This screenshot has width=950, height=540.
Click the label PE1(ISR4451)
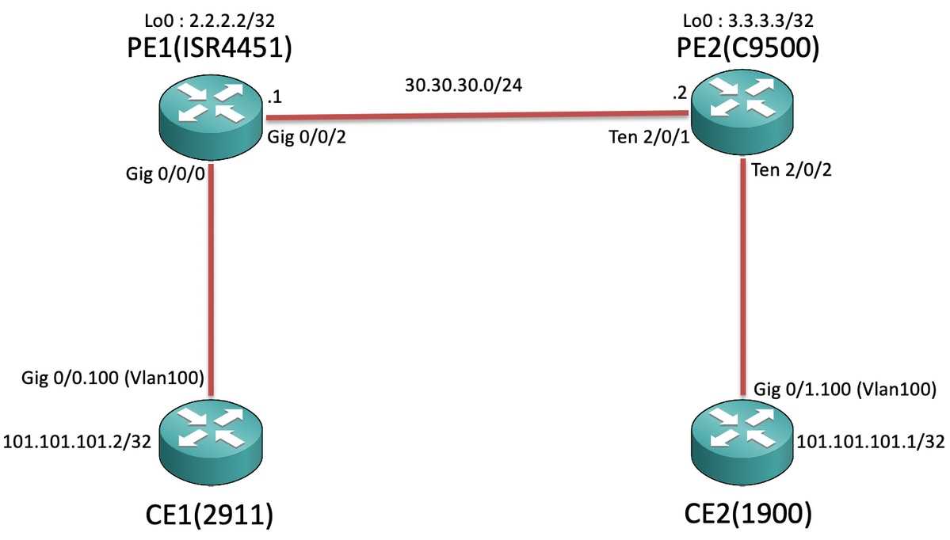pyautogui.click(x=212, y=48)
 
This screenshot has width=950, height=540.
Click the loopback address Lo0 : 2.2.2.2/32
pyautogui.click(x=211, y=17)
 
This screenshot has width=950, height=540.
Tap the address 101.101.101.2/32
pyautogui.click(x=78, y=442)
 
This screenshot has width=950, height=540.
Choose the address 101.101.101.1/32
pyautogui.click(x=871, y=442)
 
